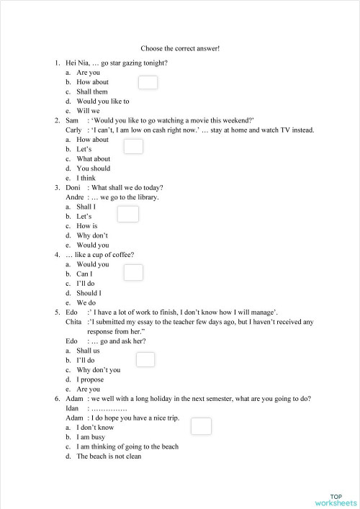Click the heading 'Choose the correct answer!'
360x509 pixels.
[180, 48]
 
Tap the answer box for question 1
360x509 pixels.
[147, 83]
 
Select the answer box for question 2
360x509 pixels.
[133, 147]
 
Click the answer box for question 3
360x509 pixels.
[127, 214]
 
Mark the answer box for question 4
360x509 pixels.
[133, 272]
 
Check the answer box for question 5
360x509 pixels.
[145, 359]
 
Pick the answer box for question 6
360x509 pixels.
[202, 426]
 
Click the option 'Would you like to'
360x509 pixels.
[103, 102]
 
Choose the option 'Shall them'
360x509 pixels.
[92, 92]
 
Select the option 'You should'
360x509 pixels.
[94, 168]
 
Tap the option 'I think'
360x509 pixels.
[86, 178]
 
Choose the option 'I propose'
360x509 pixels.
[90, 379]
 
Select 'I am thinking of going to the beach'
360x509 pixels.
[127, 446]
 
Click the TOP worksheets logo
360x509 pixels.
[336, 499]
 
